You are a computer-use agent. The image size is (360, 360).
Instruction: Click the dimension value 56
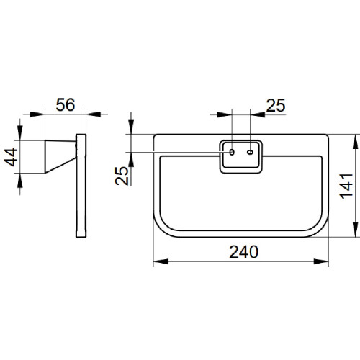click(66, 105)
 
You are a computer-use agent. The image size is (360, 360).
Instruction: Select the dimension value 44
click(12, 157)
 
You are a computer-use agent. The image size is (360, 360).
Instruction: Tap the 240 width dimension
click(243, 252)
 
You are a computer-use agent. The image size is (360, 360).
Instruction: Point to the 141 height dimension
click(346, 186)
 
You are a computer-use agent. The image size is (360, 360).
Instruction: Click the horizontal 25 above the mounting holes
click(276, 105)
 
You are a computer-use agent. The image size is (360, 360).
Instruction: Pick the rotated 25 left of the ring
click(122, 176)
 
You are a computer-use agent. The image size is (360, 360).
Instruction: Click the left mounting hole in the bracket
click(232, 152)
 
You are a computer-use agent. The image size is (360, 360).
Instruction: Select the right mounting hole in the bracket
click(250, 152)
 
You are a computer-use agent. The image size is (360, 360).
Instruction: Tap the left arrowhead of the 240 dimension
click(161, 261)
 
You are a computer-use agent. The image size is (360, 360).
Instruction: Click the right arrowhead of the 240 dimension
click(321, 261)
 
